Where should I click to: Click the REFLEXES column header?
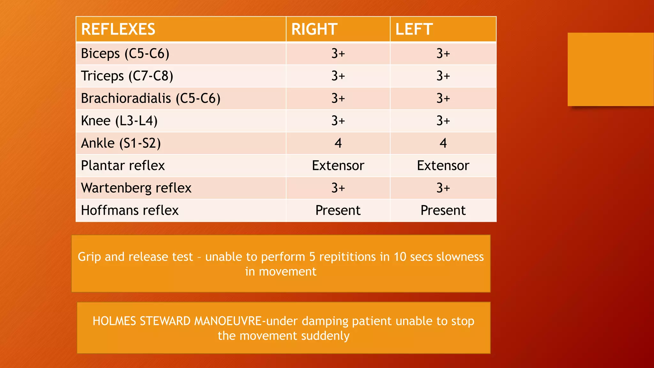118,29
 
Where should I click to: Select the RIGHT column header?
314,29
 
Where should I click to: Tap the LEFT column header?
414,29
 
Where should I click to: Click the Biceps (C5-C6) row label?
125,53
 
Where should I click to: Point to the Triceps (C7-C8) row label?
127,76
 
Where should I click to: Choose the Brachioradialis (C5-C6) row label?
150,98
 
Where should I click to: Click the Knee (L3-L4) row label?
119,121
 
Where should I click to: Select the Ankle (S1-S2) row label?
121,143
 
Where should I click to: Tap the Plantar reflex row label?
123,165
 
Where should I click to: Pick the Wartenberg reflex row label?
136,188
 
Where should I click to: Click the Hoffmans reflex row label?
130,210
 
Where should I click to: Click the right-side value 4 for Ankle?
338,143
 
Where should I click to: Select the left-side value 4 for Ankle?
443,143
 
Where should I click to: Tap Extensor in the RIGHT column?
338,165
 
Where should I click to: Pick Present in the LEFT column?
443,210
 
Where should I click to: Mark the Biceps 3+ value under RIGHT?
338,53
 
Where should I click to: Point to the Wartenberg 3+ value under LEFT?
443,188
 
